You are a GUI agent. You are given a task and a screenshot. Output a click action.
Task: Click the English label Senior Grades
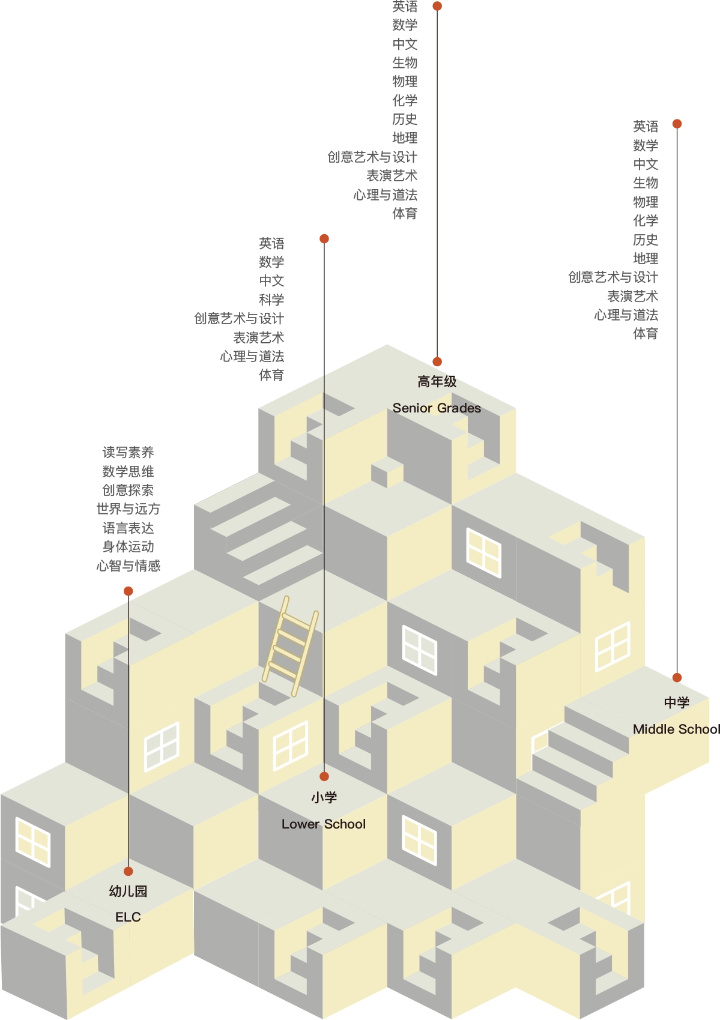[437, 408]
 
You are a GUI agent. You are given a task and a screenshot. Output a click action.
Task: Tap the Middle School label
[676, 729]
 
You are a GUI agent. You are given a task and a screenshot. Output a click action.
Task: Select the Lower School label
[323, 824]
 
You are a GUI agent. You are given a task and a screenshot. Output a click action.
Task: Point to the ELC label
[128, 917]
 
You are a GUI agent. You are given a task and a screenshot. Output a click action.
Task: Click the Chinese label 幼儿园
[128, 891]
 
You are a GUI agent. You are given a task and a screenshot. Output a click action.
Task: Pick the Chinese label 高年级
[437, 382]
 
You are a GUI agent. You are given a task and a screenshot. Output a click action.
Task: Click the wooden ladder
[290, 646]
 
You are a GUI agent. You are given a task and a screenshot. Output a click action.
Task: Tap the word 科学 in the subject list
[271, 300]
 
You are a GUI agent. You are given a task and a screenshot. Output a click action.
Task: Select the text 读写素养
[128, 452]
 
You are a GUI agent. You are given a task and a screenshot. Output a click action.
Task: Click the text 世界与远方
[128, 508]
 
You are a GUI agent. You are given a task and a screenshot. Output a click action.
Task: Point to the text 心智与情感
[128, 566]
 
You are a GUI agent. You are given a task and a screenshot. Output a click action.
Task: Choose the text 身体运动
[128, 546]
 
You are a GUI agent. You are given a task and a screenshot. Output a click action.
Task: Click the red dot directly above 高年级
[437, 362]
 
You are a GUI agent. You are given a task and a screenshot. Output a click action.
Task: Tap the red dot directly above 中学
[677, 678]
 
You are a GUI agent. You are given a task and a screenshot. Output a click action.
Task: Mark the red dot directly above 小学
[324, 776]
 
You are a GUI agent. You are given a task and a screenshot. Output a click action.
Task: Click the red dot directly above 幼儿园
[129, 871]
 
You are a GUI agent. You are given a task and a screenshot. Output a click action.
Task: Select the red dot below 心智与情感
[129, 591]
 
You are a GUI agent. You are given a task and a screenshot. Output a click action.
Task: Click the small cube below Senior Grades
[387, 472]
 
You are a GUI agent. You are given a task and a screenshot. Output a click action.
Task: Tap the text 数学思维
[128, 471]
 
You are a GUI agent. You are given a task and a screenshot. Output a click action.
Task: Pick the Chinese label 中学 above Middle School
[677, 702]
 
